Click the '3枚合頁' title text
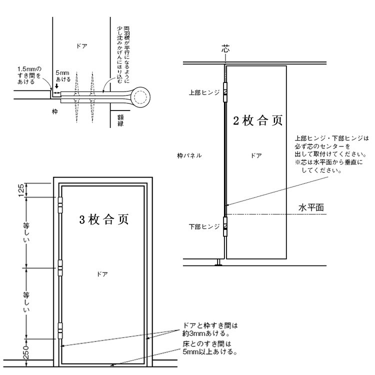(x=104, y=220)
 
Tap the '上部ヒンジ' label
(x=204, y=92)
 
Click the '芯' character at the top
(x=225, y=49)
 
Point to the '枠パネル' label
(x=189, y=155)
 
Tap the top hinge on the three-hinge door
(x=60, y=203)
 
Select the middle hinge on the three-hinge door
(x=60, y=267)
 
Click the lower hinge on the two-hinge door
(x=225, y=227)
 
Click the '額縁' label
(x=120, y=120)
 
